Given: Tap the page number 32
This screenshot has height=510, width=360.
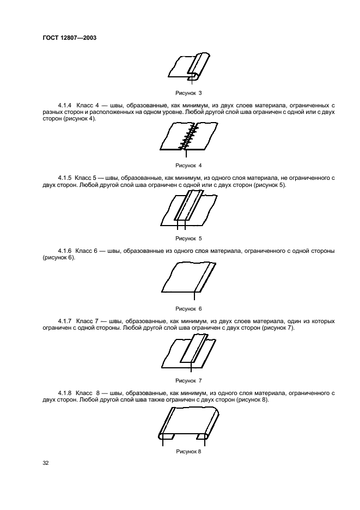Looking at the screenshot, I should tap(46, 463).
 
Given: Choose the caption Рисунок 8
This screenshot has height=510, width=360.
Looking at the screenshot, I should tap(188, 451).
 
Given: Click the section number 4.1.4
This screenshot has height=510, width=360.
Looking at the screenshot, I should tap(65, 105).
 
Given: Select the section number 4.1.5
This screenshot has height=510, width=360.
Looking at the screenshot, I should tap(65, 178).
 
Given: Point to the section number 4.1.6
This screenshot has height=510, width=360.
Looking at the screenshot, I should tap(65, 251).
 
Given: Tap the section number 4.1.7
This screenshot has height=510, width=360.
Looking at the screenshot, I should tap(65, 321).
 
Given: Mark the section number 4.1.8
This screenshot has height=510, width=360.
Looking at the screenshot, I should tap(65, 392).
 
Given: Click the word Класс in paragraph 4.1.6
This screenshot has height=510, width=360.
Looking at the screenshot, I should tap(85, 251).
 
